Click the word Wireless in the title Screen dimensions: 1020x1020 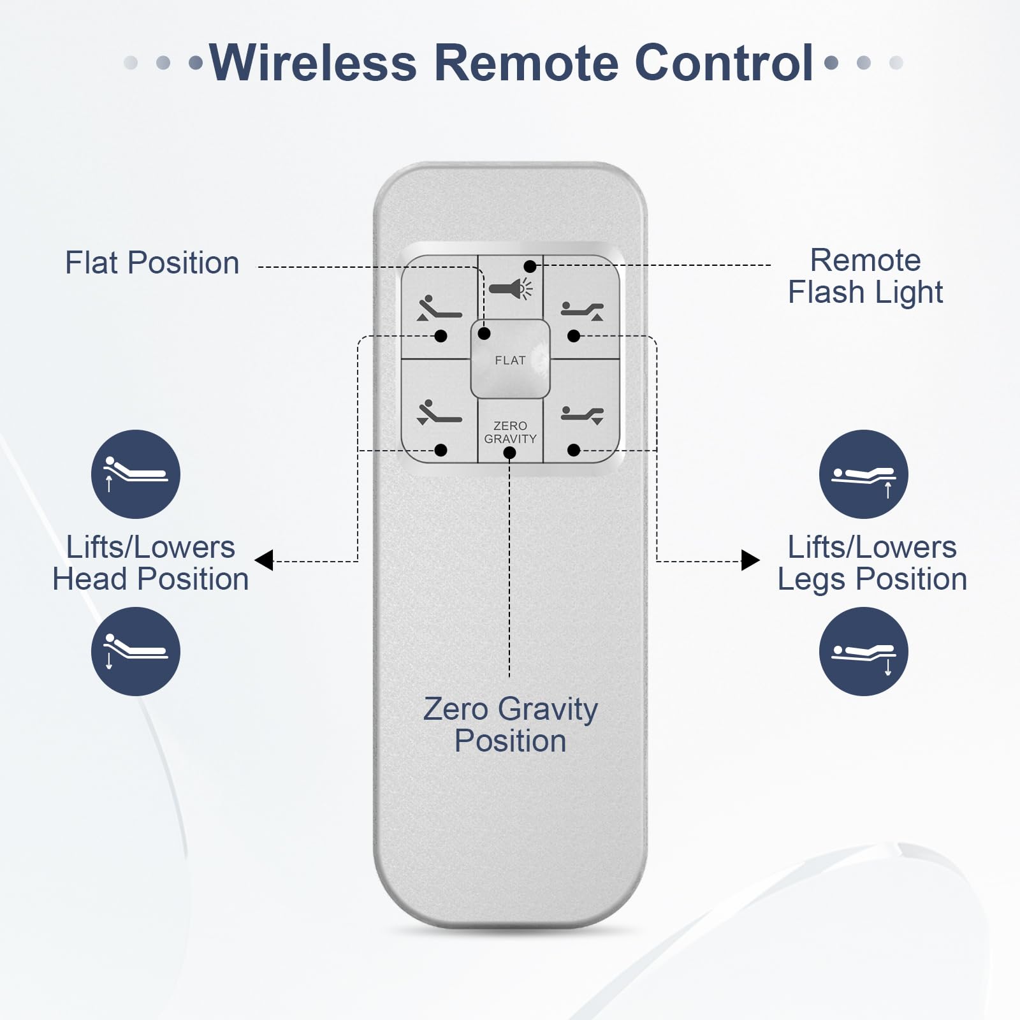tap(313, 62)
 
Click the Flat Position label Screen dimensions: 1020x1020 tap(152, 263)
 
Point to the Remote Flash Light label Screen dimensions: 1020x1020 tap(865, 277)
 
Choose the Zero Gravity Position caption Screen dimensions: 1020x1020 tap(510, 725)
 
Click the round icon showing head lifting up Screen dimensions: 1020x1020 tap(136, 474)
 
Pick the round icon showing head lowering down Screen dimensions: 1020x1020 tap(136, 652)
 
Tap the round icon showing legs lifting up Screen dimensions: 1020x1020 tap(864, 474)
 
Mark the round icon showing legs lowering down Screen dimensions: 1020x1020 tap(864, 652)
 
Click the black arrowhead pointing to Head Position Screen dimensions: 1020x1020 tap(264, 560)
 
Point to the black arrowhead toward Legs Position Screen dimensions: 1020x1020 tap(750, 560)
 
